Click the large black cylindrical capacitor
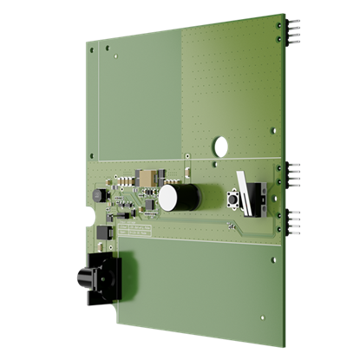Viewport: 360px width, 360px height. (x=183, y=197)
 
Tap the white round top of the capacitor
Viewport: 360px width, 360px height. (x=168, y=199)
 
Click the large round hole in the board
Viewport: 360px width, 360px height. (x=220, y=144)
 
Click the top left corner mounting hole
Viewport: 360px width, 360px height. (x=91, y=49)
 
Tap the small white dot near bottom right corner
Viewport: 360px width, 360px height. (x=272, y=259)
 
